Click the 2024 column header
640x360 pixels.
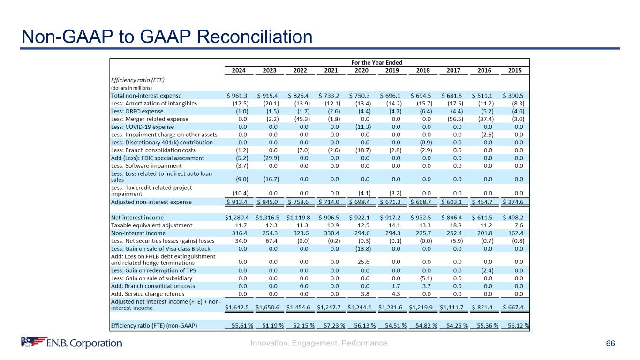240,71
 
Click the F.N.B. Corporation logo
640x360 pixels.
71,343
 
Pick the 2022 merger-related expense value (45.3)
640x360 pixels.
300,119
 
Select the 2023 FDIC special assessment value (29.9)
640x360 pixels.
270,158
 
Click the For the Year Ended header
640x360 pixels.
377,62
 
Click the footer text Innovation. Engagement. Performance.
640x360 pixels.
320,344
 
